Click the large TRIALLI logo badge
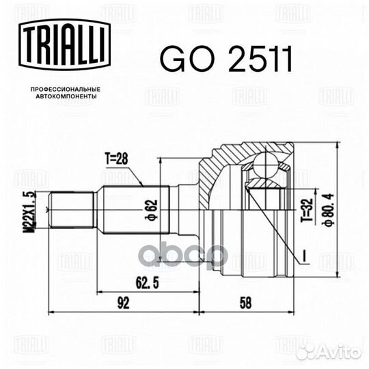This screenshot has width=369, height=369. [x=64, y=44]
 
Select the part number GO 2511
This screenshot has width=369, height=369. [x=226, y=58]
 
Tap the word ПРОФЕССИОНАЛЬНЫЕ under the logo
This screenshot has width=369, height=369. [x=66, y=90]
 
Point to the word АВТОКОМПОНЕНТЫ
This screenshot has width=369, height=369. [x=66, y=96]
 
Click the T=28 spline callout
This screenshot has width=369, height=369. [x=116, y=159]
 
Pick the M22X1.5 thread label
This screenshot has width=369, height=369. [x=29, y=211]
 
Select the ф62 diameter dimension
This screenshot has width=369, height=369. [x=151, y=210]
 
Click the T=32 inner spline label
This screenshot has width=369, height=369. [x=307, y=210]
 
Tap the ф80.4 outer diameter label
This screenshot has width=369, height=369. [x=329, y=210]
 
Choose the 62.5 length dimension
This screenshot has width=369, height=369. [x=147, y=283]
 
